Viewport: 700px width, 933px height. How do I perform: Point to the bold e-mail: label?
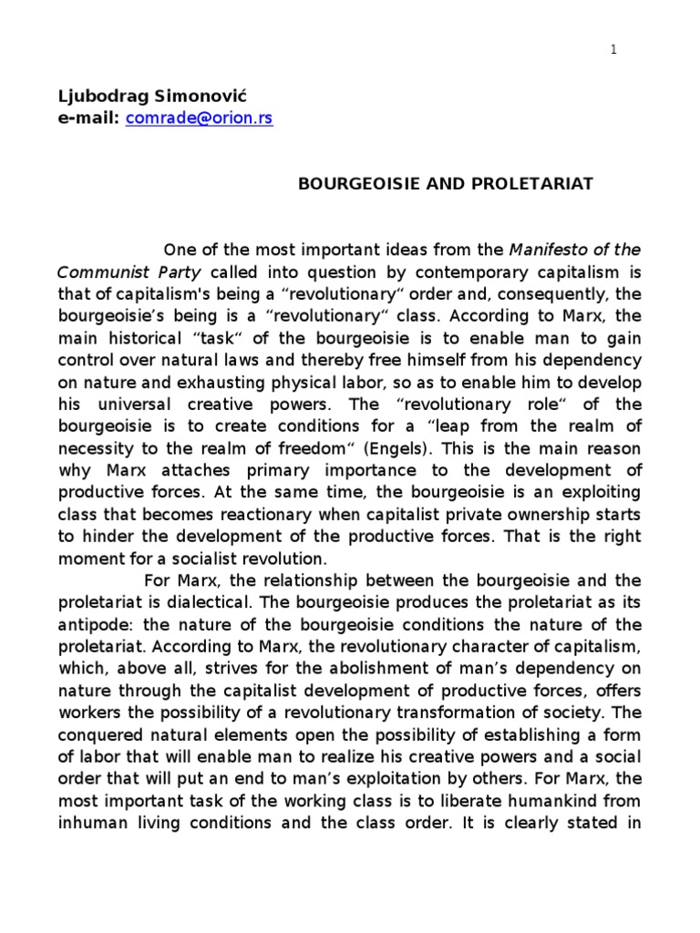(x=88, y=118)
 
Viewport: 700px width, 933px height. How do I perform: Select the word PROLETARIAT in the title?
(x=543, y=184)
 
